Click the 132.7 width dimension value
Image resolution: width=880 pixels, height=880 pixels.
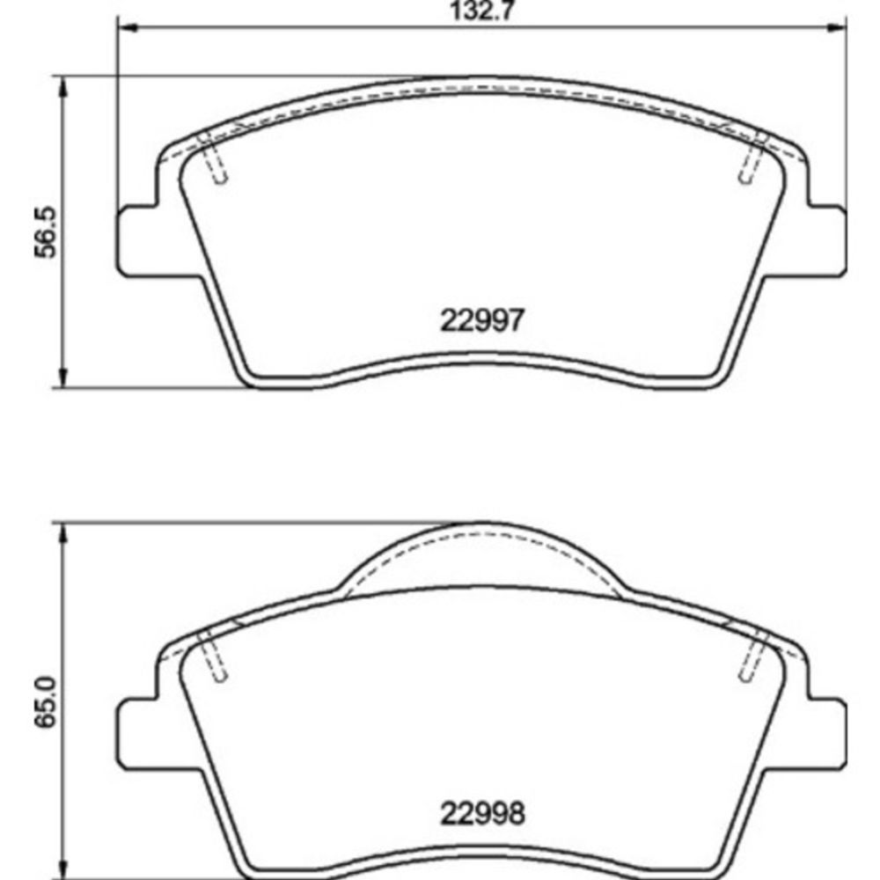[482, 11]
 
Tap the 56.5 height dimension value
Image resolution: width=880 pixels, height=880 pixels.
[46, 232]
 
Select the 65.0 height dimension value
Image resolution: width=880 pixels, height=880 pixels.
[46, 702]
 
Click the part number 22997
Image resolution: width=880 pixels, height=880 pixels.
[482, 320]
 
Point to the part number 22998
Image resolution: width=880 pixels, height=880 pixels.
[482, 813]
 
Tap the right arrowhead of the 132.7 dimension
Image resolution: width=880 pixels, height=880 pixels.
[836, 27]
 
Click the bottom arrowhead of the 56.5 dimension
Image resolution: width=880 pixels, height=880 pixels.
[62, 378]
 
